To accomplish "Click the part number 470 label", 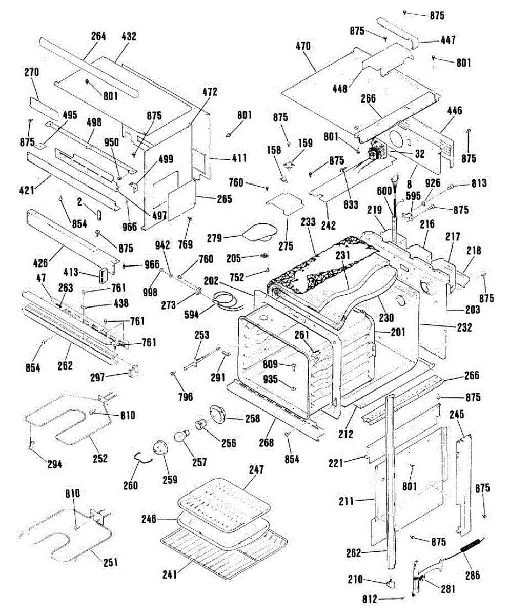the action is coord(303,46).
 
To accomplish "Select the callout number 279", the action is coord(214,238).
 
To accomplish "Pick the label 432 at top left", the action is coord(129,36).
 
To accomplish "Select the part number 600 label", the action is coord(384,191).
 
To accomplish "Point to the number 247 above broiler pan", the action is coord(257,469).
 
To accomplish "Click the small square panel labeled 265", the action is coord(182,200).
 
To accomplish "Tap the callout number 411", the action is coord(239,158).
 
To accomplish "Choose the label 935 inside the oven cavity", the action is coord(271,379).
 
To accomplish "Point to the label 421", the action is coord(27,190).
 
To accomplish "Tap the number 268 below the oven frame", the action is coord(266,443).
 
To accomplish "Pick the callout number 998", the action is coord(150,292).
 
